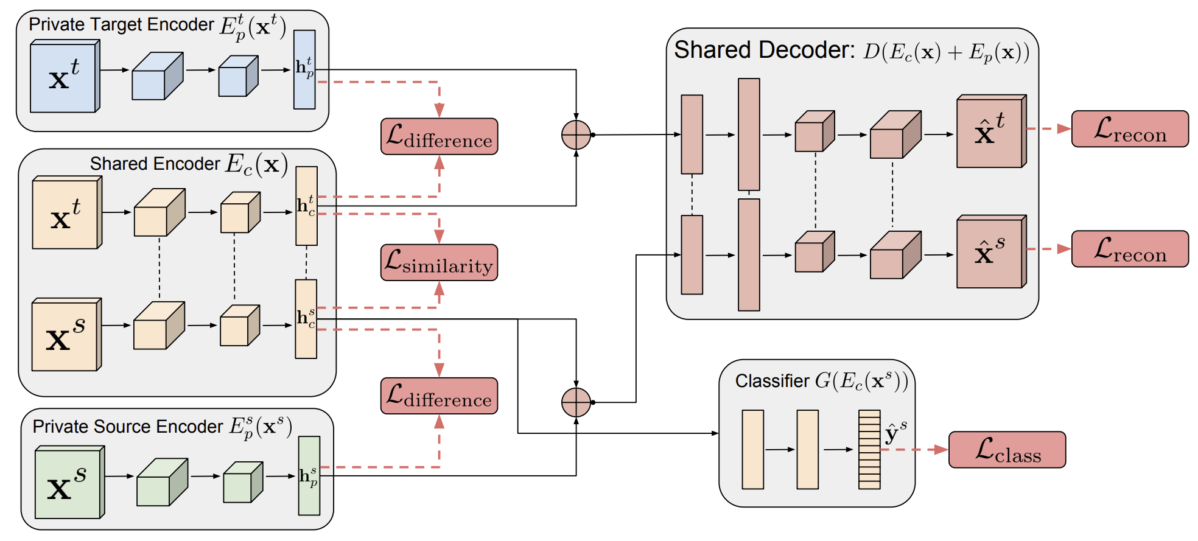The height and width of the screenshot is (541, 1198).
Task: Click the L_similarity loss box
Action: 439,262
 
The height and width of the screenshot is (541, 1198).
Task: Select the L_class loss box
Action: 1007,450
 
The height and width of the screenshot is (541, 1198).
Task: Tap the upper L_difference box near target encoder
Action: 439,136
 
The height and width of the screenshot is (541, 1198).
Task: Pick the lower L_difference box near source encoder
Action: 439,396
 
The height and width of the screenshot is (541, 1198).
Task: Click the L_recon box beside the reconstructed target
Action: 1130,129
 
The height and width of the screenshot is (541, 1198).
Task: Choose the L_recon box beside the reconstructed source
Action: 1130,249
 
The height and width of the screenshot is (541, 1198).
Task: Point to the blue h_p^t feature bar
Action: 304,69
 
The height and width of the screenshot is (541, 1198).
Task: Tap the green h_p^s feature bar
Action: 309,475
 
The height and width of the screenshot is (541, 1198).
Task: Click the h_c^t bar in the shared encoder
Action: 306,206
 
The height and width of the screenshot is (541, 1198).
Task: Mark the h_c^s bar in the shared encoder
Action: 306,318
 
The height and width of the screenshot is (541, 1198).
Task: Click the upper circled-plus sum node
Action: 576,134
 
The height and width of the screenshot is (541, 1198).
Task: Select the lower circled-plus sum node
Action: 576,402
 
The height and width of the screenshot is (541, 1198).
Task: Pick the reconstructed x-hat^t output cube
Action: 990,131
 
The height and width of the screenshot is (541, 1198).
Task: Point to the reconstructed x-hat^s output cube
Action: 990,252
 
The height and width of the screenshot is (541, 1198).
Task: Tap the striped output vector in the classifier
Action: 869,450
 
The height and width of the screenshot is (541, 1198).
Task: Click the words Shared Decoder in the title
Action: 764,50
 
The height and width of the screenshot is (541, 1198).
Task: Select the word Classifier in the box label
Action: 772,381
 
